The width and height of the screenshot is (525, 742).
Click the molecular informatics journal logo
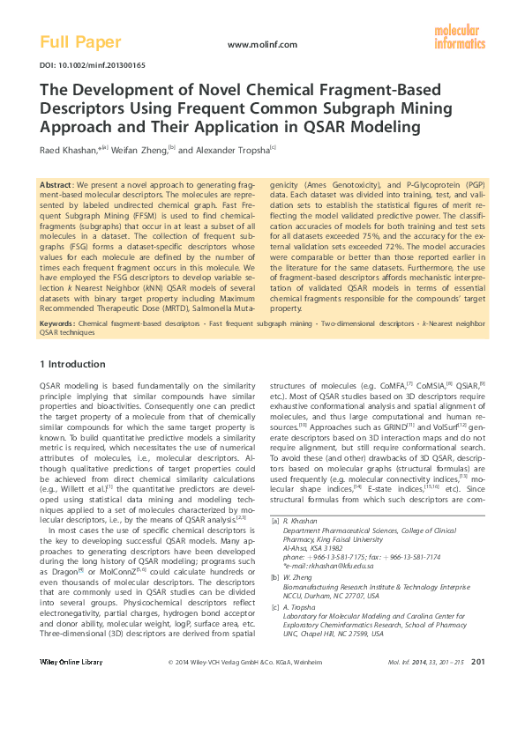pyautogui.click(x=459, y=37)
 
